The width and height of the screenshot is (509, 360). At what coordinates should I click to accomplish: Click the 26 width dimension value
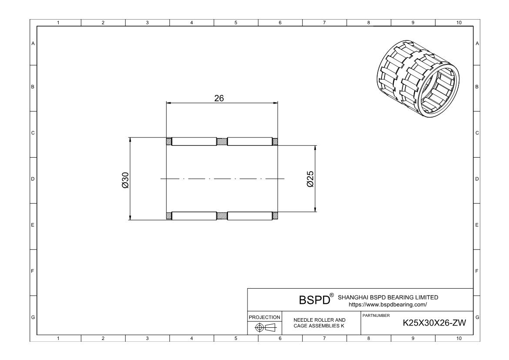(219, 98)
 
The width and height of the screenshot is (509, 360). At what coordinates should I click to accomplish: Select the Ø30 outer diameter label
(125, 179)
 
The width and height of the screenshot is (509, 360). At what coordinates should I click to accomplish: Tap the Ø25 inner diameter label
(310, 179)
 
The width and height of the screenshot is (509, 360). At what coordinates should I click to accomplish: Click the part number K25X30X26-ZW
(435, 323)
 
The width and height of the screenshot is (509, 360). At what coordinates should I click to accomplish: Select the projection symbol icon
(264, 327)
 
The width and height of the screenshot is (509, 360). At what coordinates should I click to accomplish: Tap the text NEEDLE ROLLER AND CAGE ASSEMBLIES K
(319, 323)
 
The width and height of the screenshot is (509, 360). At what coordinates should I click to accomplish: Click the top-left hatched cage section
(169, 141)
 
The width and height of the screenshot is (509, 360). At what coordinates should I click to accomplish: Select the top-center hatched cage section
(222, 141)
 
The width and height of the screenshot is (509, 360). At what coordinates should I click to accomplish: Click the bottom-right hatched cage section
(275, 215)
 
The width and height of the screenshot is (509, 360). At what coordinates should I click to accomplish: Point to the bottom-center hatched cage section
(222, 215)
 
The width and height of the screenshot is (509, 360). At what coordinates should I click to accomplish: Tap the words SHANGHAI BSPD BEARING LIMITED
(388, 297)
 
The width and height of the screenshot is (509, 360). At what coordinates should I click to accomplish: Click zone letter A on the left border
(33, 43)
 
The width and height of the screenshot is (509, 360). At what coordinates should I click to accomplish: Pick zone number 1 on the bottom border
(59, 338)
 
